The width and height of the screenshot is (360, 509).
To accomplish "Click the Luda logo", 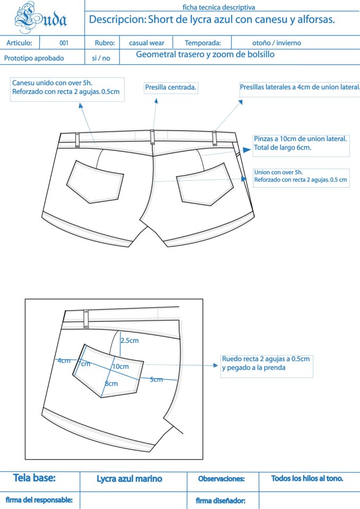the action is (x=41, y=17).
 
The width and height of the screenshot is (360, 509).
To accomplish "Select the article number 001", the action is (x=64, y=43).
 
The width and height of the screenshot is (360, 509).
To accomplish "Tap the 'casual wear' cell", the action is (x=146, y=43).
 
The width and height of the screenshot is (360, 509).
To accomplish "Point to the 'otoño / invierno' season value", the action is (x=277, y=43).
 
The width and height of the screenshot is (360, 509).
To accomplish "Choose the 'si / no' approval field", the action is (x=101, y=58).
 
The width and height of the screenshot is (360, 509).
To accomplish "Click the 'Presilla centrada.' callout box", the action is (x=171, y=87).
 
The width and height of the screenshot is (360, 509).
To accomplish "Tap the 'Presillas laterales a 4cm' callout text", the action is (x=300, y=87).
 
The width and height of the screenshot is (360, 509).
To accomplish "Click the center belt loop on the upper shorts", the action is (x=152, y=137).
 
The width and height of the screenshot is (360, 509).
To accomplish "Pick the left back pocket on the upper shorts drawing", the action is (x=95, y=182).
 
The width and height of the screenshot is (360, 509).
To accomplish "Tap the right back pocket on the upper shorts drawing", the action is (x=205, y=185).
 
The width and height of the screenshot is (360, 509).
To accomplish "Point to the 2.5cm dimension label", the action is (x=129, y=340).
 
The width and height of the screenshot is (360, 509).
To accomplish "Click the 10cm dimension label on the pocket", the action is (x=120, y=366).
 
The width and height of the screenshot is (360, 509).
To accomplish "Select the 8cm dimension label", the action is (x=111, y=384).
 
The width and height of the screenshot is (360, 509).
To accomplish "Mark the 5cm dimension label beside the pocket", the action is (x=156, y=380).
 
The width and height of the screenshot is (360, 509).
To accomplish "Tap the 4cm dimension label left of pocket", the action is (x=64, y=361).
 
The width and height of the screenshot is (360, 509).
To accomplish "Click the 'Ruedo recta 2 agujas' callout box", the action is (x=267, y=366).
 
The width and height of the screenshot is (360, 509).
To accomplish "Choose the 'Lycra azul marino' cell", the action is (x=129, y=479).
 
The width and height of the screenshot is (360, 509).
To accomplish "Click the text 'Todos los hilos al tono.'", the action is (x=307, y=478).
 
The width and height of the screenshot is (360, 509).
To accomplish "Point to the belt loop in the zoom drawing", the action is (x=86, y=319).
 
